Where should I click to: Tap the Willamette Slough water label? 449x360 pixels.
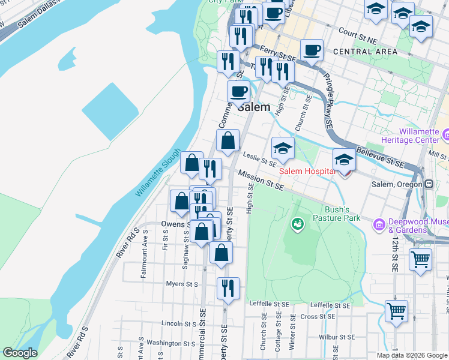pyautogui.click(x=158, y=172)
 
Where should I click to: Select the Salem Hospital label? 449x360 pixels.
pyautogui.click(x=305, y=171)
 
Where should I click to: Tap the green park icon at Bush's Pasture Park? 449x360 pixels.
pyautogui.click(x=297, y=224)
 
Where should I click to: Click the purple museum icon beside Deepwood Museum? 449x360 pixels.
pyautogui.click(x=379, y=224)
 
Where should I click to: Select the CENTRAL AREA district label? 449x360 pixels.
pyautogui.click(x=364, y=52)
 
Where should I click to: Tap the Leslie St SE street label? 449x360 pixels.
pyautogui.click(x=259, y=158)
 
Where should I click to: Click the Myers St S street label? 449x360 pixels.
pyautogui.click(x=182, y=283)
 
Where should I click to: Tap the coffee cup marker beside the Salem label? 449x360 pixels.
pyautogui.click(x=238, y=92)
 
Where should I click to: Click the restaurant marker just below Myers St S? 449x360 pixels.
pyautogui.click(x=228, y=288)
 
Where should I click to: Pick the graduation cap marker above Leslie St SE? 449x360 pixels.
pyautogui.click(x=283, y=148)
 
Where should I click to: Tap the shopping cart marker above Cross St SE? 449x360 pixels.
pyautogui.click(x=396, y=311)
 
